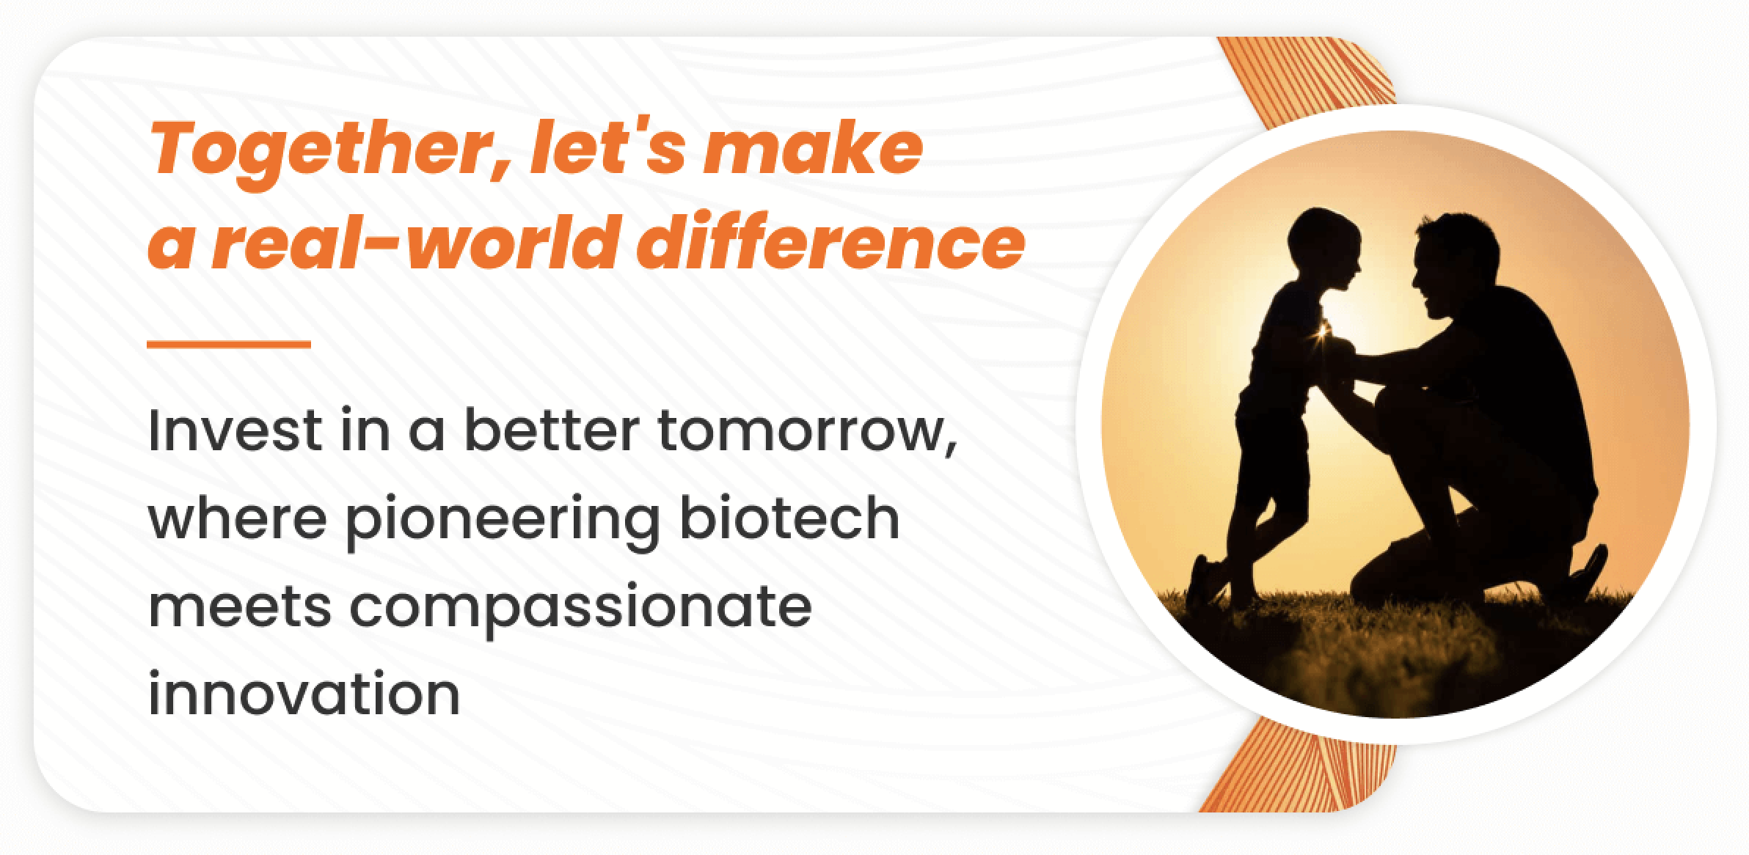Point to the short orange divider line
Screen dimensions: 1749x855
(x=229, y=343)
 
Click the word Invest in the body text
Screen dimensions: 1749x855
(x=234, y=430)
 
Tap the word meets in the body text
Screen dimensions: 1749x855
(x=240, y=608)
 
